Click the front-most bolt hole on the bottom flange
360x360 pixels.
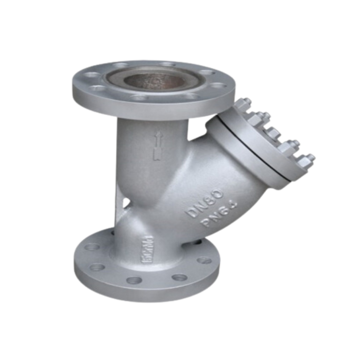pyautogui.click(x=136, y=281)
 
